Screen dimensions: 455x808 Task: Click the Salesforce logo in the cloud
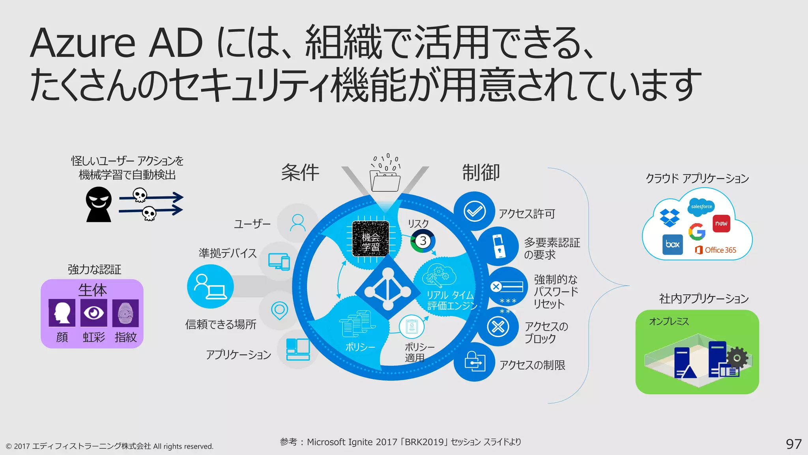701,207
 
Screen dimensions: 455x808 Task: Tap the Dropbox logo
670,218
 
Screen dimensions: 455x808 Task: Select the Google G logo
697,231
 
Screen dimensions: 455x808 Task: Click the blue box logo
673,244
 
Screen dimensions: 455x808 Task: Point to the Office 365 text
720,250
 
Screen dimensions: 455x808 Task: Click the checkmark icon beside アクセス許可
474,211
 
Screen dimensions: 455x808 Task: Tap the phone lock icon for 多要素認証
498,246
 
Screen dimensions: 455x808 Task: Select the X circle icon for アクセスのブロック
498,327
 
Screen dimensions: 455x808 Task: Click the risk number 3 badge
423,241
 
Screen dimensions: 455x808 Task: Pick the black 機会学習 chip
370,239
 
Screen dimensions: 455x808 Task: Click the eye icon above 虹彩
94,313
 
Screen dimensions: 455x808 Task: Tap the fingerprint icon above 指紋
125,313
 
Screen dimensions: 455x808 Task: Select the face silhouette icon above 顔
62,313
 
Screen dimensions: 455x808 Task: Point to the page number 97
793,444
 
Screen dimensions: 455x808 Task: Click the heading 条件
300,173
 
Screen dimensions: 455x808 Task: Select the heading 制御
481,173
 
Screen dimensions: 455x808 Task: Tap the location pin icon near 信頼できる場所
279,310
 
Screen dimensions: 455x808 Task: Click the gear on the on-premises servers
737,358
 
